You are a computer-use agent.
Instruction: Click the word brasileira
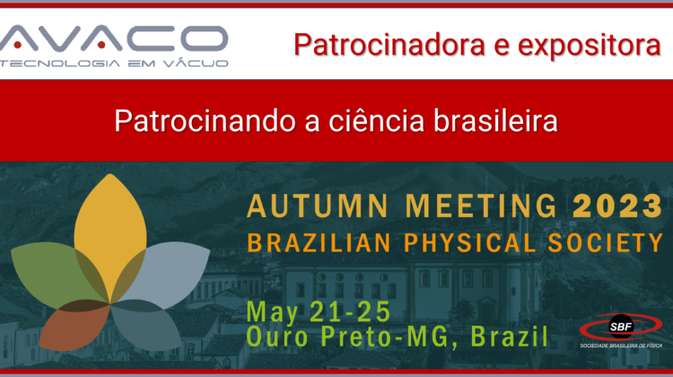coord(495,120)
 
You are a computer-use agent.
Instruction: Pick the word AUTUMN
coord(318,206)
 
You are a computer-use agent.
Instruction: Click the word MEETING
coord(481,206)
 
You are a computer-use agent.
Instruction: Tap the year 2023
coord(617,206)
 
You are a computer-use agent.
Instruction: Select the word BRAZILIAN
coord(319,242)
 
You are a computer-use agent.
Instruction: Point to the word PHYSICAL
coord(470,242)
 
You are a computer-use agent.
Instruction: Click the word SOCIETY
coord(606,242)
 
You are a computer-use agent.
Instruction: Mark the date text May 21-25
coord(318,312)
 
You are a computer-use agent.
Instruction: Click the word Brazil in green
coord(510,337)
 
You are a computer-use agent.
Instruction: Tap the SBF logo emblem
coord(621,327)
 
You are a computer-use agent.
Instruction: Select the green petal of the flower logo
coord(51,270)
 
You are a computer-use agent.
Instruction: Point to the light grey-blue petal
coord(168,270)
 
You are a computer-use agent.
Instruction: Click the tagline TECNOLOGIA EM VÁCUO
coord(114,64)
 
